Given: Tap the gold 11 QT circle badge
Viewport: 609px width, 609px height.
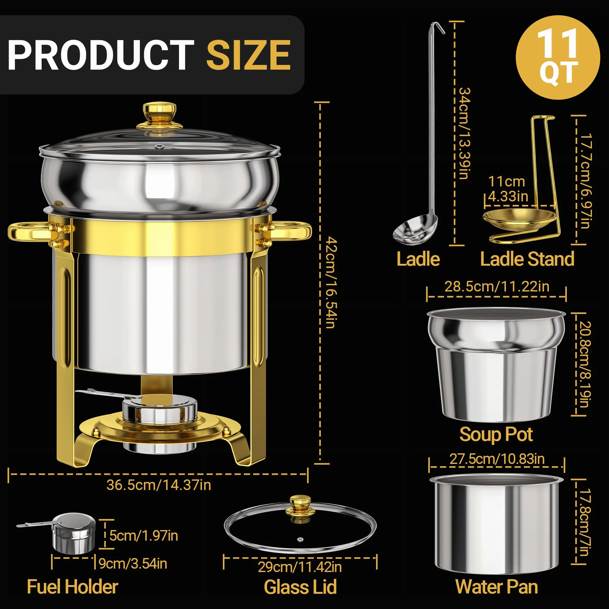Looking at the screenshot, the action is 558,57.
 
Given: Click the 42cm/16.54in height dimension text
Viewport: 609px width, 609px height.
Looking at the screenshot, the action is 331,283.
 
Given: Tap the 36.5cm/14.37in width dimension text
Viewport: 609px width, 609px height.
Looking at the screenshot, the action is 158,485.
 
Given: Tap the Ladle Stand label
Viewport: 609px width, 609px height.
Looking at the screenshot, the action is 527,259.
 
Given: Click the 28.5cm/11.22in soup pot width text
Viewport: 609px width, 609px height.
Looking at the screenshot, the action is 497,286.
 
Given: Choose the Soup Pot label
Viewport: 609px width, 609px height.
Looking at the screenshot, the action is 496,434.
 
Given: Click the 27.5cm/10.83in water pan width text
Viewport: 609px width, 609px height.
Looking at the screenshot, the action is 497,459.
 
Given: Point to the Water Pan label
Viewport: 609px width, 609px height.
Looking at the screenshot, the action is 497,587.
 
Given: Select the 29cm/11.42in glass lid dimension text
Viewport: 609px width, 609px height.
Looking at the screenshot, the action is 300,567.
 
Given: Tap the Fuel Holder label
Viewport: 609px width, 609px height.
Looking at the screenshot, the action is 72,587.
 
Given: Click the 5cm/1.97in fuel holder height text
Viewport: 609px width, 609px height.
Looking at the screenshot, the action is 144,536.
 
